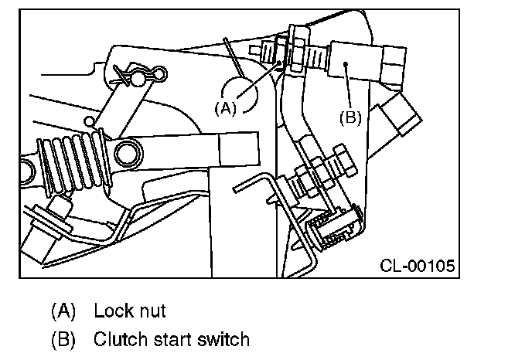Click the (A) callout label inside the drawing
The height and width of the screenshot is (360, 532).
point(224,108)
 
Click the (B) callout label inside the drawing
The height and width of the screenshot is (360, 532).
point(350,117)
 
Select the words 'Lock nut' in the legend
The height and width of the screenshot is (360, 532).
point(130,311)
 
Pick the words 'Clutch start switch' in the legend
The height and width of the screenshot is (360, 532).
point(172,338)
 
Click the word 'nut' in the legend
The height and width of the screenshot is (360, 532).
point(152,311)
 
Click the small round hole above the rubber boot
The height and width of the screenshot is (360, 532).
point(91,121)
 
